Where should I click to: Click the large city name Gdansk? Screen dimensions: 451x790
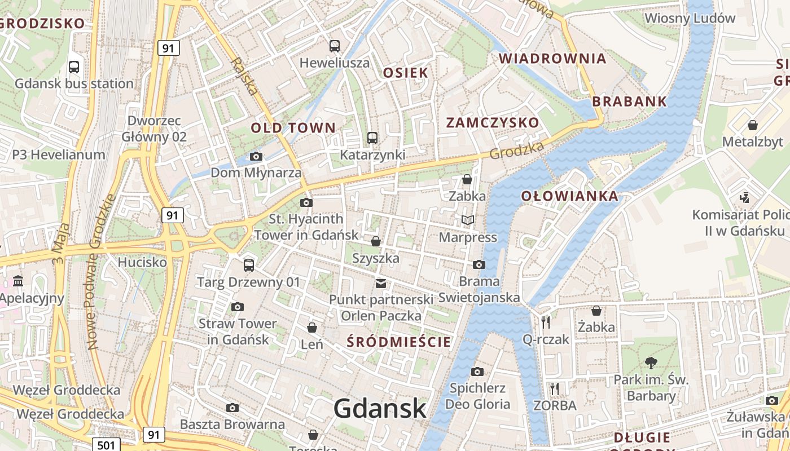click(379, 408)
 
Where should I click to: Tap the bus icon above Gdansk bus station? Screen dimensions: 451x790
click(74, 67)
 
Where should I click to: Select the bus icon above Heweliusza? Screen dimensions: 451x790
click(335, 46)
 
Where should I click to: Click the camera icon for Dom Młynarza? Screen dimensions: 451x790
click(256, 156)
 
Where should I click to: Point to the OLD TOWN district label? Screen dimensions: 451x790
click(293, 128)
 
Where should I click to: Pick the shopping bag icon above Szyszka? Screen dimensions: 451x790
click(376, 242)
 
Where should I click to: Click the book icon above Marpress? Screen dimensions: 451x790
click(468, 220)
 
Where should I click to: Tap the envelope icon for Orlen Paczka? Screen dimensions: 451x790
click(381, 283)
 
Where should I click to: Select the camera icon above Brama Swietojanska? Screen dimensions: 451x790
click(479, 264)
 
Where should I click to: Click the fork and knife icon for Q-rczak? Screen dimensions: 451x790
click(546, 322)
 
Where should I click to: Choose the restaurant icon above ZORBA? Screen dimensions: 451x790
click(555, 389)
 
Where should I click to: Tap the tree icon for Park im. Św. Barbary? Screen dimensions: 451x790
click(651, 362)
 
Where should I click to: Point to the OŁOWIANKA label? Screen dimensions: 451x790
click(569, 196)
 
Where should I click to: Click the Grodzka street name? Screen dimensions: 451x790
click(516, 150)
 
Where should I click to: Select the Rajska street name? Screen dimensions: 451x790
click(244, 76)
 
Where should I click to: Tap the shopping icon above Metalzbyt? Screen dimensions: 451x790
click(752, 125)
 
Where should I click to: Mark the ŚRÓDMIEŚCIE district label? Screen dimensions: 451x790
click(398, 342)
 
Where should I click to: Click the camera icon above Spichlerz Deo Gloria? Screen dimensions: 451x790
click(477, 372)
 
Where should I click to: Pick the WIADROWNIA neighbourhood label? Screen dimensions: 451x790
click(552, 58)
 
